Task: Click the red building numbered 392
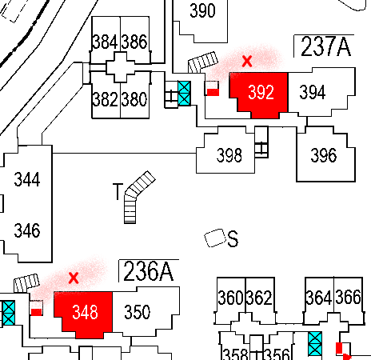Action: [x=261, y=93]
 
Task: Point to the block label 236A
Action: [x=147, y=271]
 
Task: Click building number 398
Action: [x=229, y=155]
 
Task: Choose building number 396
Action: [x=323, y=155]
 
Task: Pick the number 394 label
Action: [x=313, y=93]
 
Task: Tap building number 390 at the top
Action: [x=203, y=11]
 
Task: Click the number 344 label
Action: [x=27, y=179]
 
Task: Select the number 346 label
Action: [x=27, y=232]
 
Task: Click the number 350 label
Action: [x=137, y=312]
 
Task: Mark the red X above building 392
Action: [x=247, y=60]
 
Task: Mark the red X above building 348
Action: [x=74, y=278]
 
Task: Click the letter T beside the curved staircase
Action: [x=118, y=191]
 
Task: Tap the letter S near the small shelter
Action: [x=233, y=239]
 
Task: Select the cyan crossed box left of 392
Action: [x=185, y=94]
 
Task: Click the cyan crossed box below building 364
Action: [x=315, y=344]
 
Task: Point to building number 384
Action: [x=106, y=42]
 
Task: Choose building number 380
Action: [x=134, y=100]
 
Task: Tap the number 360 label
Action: [x=230, y=298]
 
